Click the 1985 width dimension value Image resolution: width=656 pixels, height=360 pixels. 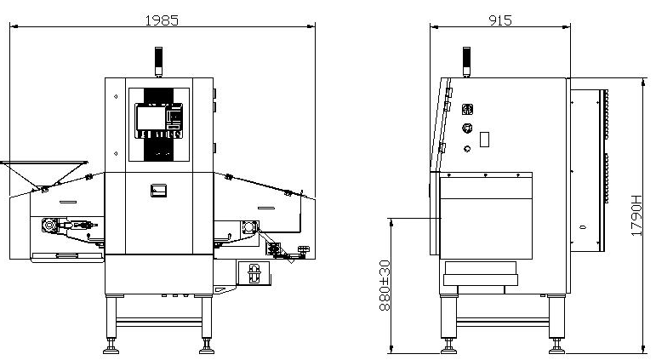[x=162, y=20]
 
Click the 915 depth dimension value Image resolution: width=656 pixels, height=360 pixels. [x=500, y=20]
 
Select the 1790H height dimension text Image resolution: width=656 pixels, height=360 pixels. [x=636, y=215]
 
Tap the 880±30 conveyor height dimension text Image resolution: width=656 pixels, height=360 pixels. [x=385, y=285]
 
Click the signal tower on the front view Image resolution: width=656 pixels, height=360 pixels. [x=158, y=61]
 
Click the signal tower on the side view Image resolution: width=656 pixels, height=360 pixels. [x=466, y=61]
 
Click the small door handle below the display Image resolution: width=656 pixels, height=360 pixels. [x=158, y=191]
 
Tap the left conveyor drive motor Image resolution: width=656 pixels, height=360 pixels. [x=49, y=226]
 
